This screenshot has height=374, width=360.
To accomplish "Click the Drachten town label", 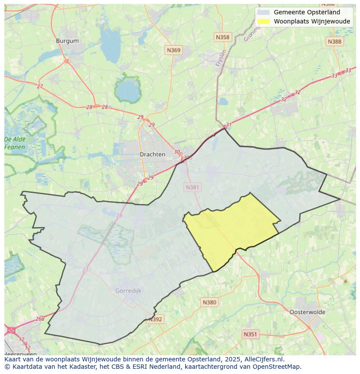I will tap(152, 154).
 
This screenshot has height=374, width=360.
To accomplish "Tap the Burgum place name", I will tap(67, 41).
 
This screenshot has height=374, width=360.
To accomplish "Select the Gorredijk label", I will tap(128, 291).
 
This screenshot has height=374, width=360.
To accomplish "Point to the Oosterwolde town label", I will tap(307, 312).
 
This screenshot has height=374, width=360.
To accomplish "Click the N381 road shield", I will tap(192, 187).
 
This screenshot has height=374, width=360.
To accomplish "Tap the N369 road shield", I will tap(173, 50).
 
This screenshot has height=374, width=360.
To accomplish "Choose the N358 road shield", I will tap(222, 37).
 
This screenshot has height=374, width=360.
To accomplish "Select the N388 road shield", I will tap(334, 41).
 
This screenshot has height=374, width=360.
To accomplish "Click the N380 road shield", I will tap(209, 302).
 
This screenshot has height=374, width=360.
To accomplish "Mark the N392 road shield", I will tap(155, 319).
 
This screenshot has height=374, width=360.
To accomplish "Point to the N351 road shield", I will tap(250, 334).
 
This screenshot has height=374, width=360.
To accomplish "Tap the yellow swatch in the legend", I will tap(263, 21).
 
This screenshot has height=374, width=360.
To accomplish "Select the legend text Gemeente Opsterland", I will tap(307, 12).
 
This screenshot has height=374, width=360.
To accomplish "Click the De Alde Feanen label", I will tap(15, 143).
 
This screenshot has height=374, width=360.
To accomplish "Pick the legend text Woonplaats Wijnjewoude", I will tap(312, 21).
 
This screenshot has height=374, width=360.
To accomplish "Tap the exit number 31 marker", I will tap(229, 125).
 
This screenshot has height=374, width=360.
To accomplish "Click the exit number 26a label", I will tap(40, 318).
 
